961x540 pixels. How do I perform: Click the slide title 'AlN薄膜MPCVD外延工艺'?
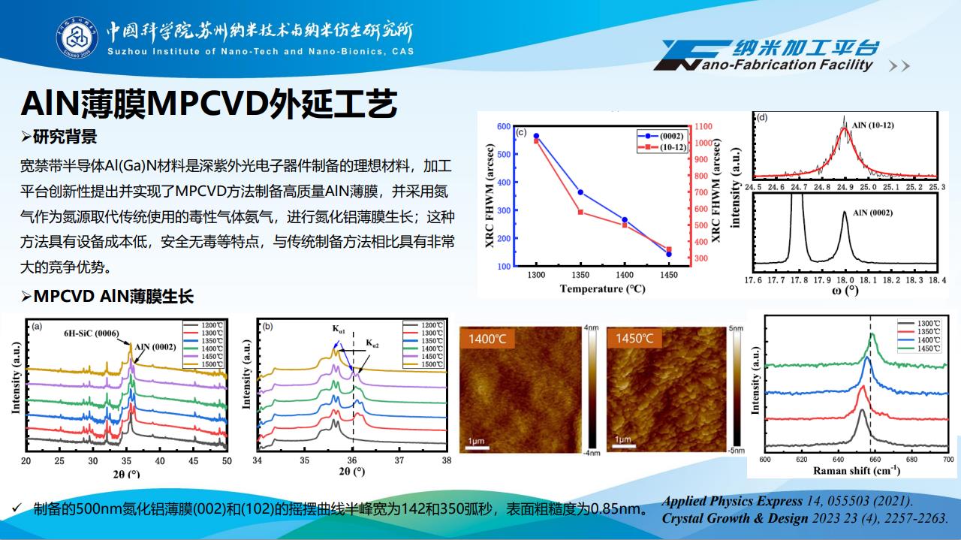point(208,104)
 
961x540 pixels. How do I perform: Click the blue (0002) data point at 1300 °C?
point(537,136)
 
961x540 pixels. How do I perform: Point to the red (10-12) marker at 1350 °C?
point(580,212)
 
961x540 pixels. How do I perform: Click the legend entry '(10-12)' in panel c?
point(667,148)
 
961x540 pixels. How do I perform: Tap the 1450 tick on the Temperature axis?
point(668,276)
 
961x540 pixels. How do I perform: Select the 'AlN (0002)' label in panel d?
point(872,213)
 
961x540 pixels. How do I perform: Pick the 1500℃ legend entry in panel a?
point(203,364)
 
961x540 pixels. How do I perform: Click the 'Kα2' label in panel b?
point(372,344)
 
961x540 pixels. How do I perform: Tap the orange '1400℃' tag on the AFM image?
point(487,339)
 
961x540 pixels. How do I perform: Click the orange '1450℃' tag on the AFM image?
point(634,339)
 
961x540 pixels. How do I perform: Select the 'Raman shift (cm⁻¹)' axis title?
point(856,470)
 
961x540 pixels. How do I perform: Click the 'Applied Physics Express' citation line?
point(788,501)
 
